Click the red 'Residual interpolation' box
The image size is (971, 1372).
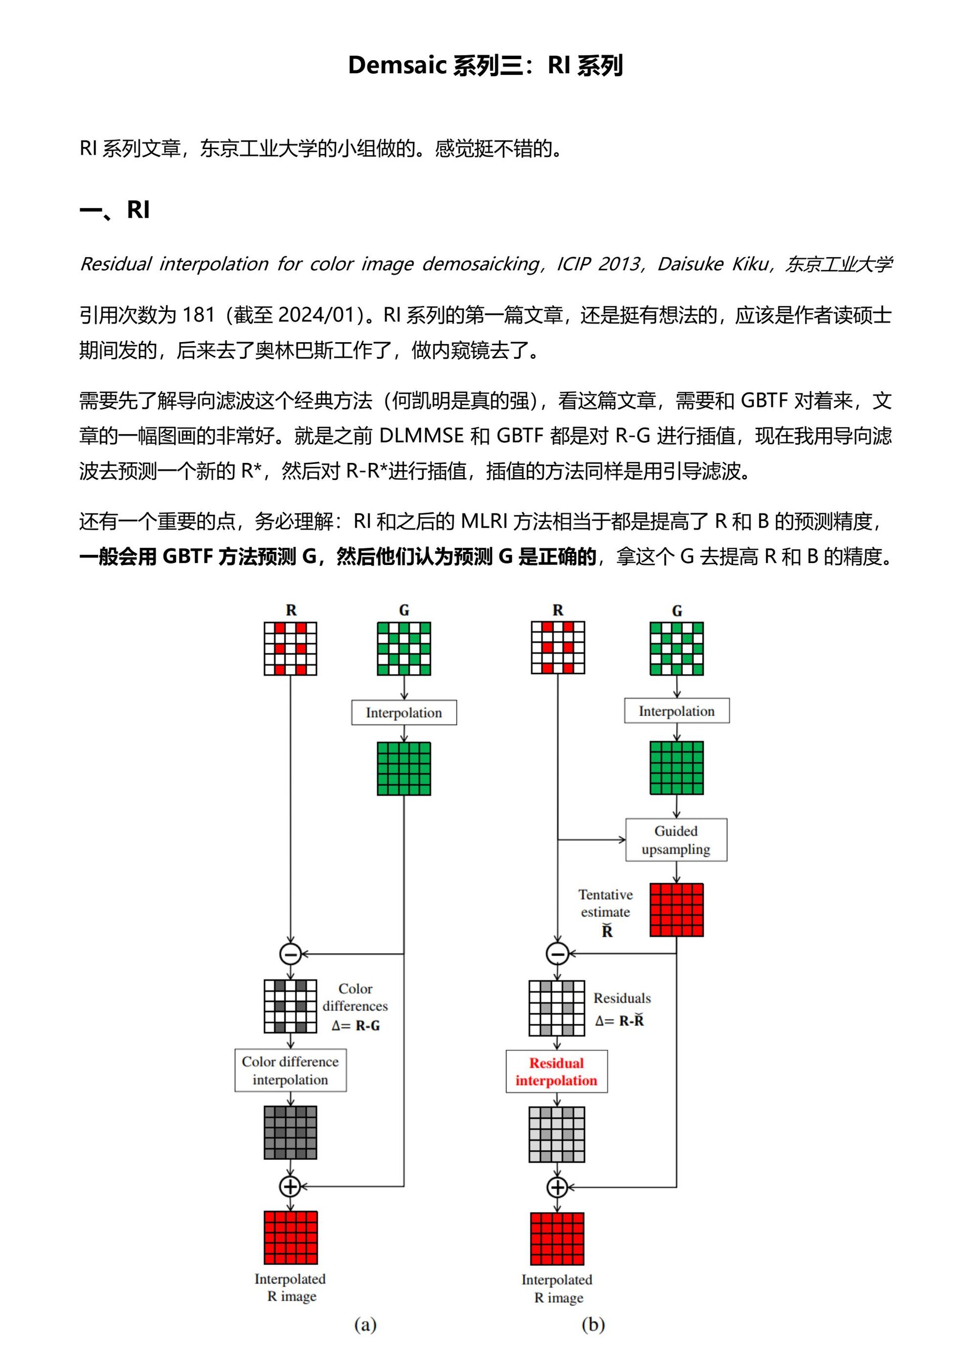pyautogui.click(x=556, y=1071)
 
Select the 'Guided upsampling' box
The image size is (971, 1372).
pyautogui.click(x=676, y=839)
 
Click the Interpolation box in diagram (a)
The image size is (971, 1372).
pyautogui.click(x=404, y=713)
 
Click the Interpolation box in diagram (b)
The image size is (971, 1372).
pyautogui.click(x=676, y=711)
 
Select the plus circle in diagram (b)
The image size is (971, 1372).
pyautogui.click(x=557, y=1187)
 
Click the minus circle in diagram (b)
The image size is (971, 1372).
pyautogui.click(x=557, y=954)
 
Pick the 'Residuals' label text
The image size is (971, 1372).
pyautogui.click(x=622, y=999)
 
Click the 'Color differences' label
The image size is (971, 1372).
pyautogui.click(x=355, y=998)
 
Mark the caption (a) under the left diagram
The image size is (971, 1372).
pyautogui.click(x=365, y=1325)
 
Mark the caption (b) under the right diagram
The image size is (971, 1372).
pyautogui.click(x=593, y=1325)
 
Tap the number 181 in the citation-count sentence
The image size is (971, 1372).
pyautogui.click(x=199, y=315)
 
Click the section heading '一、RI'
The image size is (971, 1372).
pyautogui.click(x=114, y=210)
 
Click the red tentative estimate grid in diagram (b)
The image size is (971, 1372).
pyautogui.click(x=676, y=910)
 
